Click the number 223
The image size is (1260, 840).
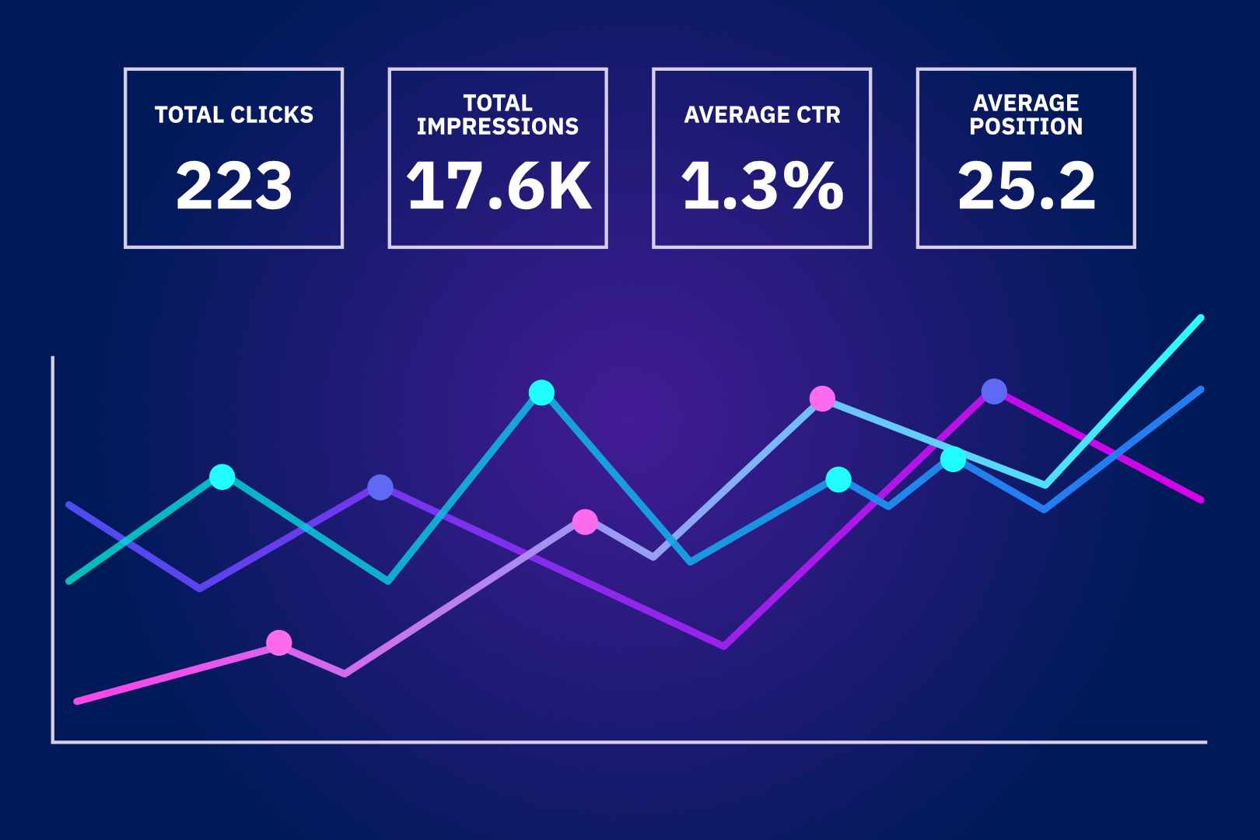[x=233, y=187]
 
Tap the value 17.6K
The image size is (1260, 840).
[x=498, y=187]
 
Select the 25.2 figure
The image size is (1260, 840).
[x=1026, y=187]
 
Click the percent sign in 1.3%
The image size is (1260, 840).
[x=813, y=187]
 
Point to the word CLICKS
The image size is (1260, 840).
[x=271, y=115]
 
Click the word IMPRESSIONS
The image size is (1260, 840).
[x=498, y=127]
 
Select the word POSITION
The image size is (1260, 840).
[x=1026, y=127]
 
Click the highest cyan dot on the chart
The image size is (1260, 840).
[x=541, y=393]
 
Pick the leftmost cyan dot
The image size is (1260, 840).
[x=222, y=477]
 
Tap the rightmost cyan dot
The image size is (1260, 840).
[x=953, y=460]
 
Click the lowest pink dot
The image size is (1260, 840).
[x=278, y=642]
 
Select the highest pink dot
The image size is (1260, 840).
[x=822, y=398]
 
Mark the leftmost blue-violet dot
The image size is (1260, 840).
[x=380, y=488]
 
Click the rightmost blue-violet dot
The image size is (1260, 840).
[x=994, y=391]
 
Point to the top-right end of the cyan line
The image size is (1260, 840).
[x=1201, y=317]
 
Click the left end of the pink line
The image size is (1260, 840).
[x=76, y=702]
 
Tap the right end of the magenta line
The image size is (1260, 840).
[x=1201, y=500]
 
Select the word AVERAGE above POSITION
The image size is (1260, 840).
[x=1026, y=103]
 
